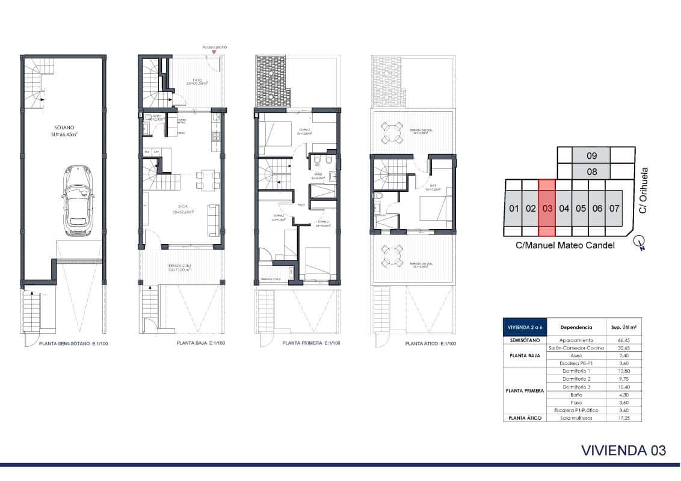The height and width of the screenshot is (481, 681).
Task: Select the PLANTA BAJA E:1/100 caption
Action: click(x=200, y=344)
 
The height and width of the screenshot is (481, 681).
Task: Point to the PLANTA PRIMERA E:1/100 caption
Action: click(x=310, y=344)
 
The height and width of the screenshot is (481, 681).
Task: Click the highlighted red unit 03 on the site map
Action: click(x=546, y=209)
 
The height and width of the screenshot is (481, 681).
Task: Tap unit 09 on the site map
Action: click(x=591, y=156)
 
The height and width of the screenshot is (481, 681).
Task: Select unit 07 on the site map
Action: click(x=613, y=209)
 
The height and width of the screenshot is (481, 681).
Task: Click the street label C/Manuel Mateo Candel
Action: click(x=564, y=246)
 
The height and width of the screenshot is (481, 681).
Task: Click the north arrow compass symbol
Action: click(x=640, y=243)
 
